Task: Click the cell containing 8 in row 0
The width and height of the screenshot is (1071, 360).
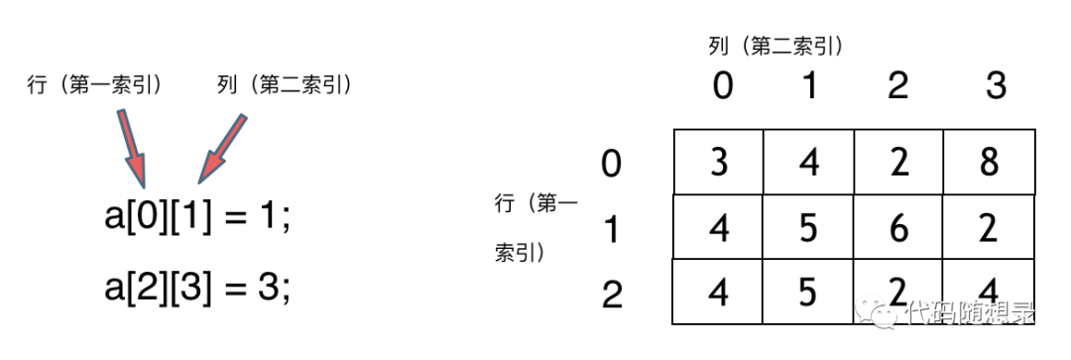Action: (x=989, y=162)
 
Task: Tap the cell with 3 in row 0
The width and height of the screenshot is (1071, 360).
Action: (x=718, y=162)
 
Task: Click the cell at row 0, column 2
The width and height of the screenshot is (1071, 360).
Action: (x=898, y=162)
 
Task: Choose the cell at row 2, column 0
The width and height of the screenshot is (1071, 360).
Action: (x=718, y=292)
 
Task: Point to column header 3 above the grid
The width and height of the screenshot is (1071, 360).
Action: (x=996, y=86)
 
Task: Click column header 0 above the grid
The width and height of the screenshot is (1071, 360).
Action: (x=723, y=86)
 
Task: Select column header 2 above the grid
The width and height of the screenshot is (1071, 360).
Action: (x=898, y=86)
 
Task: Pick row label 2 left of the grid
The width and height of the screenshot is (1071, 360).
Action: (x=612, y=295)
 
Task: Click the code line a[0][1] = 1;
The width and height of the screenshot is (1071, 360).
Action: (x=198, y=219)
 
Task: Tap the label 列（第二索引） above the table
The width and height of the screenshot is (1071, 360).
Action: (x=774, y=46)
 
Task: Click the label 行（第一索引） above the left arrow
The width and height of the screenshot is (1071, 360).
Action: (x=95, y=86)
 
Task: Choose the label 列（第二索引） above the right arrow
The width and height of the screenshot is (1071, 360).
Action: (x=286, y=86)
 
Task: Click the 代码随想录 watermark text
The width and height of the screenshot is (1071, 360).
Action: (x=972, y=314)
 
